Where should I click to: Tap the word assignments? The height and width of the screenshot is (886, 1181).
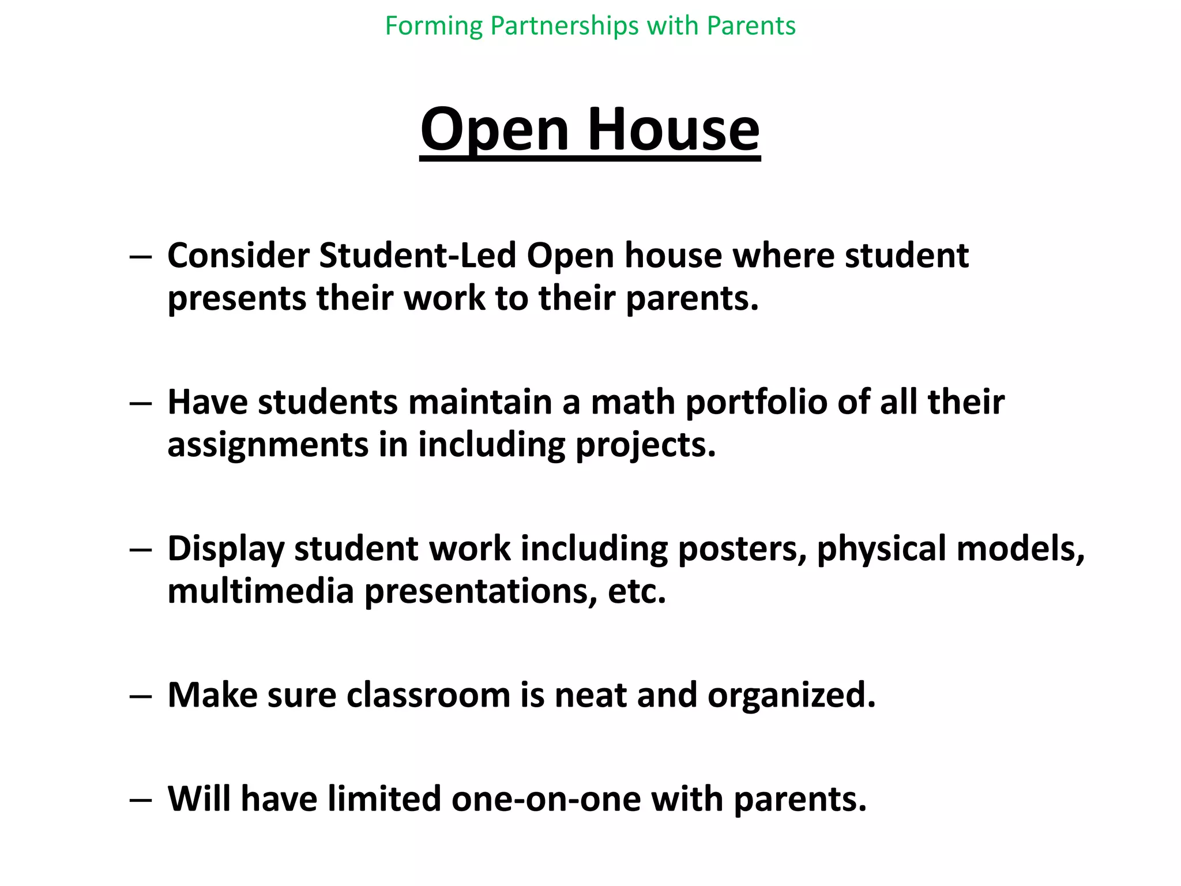(268, 445)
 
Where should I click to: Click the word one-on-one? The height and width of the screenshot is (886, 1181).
(546, 799)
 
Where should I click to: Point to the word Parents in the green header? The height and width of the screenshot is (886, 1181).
(751, 27)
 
